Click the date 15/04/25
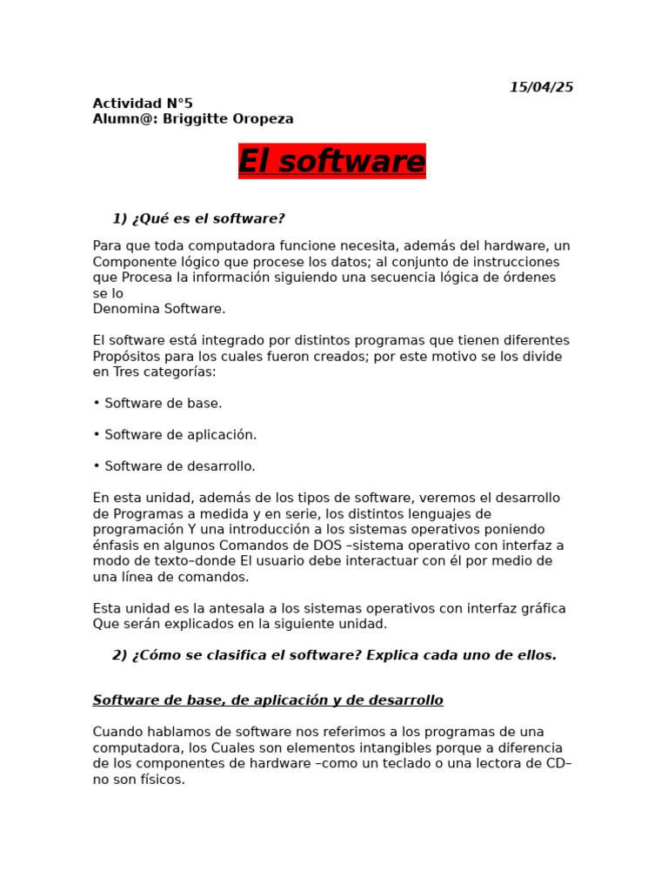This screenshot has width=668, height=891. (x=541, y=87)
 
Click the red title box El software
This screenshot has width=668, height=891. (x=332, y=162)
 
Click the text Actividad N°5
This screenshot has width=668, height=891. (x=143, y=104)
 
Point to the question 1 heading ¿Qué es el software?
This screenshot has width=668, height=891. (x=198, y=218)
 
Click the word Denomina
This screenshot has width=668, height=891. (x=122, y=309)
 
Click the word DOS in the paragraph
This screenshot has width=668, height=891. (x=326, y=546)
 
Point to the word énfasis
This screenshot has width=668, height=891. (x=117, y=546)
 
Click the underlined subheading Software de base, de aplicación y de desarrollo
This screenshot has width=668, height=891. (x=268, y=700)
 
